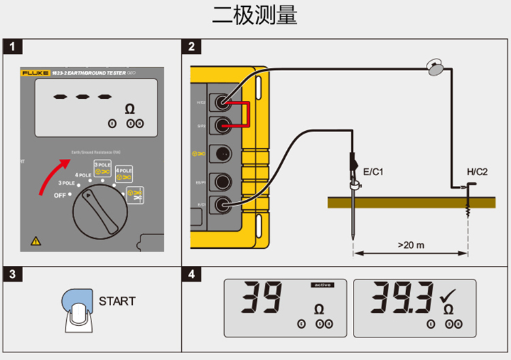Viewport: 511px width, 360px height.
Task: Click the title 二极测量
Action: [x=255, y=15]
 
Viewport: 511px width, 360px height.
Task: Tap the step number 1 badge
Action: [x=13, y=47]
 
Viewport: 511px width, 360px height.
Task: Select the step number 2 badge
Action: [x=192, y=47]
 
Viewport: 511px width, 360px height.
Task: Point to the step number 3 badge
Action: [x=13, y=275]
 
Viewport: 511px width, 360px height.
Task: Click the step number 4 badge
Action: [x=192, y=275]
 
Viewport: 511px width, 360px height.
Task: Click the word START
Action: [x=117, y=301]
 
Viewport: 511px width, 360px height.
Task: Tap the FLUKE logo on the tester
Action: [x=32, y=72]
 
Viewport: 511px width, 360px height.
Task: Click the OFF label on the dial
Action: [x=62, y=196]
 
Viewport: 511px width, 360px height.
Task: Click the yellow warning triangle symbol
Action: [x=34, y=240]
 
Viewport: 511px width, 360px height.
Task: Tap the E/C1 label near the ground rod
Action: [x=373, y=172]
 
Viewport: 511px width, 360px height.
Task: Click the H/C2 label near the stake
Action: [x=477, y=172]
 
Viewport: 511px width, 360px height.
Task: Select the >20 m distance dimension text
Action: [x=411, y=244]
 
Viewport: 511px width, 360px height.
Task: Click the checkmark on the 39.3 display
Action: [x=448, y=295]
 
